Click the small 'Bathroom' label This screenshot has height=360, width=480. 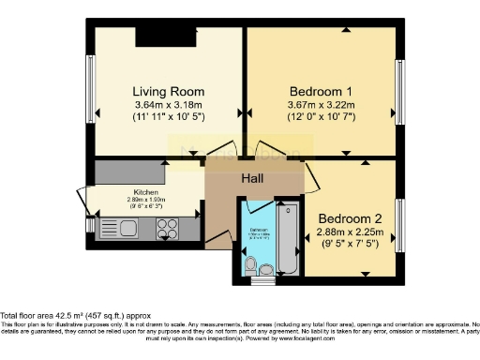click(x=259, y=229)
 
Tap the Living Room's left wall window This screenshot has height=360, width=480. click(x=91, y=95)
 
